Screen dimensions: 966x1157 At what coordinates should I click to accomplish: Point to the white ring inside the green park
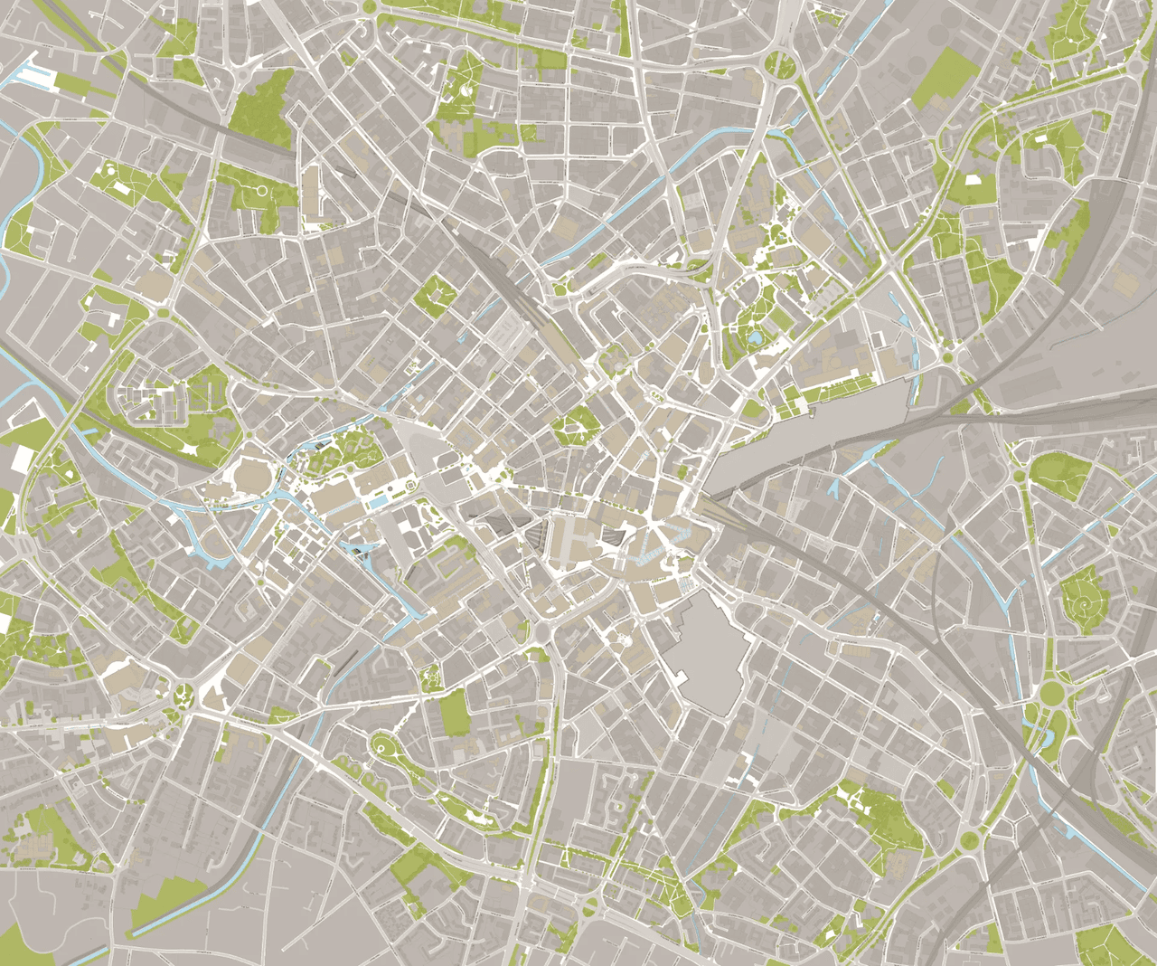tap(262, 191)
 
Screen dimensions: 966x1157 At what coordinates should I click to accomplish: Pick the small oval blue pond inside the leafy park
tap(754, 338)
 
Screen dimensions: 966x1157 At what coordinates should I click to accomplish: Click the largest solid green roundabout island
tap(1051, 695)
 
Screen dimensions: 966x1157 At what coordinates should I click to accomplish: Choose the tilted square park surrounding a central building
tap(439, 293)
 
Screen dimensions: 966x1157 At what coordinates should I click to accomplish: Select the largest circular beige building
tap(254, 473)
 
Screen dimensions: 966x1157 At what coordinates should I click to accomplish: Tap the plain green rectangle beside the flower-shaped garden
tap(455, 711)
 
